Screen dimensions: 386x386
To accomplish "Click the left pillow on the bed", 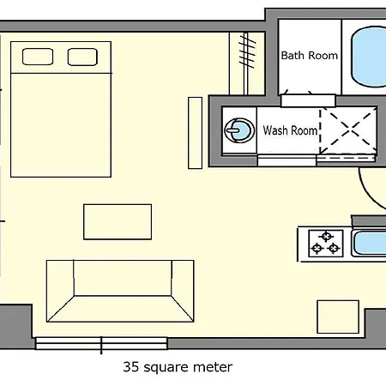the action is tap(38, 57).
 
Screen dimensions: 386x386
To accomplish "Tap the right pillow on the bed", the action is tap(82, 57).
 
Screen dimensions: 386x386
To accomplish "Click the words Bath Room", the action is tap(310, 56).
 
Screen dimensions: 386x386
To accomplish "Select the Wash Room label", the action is tap(290, 130).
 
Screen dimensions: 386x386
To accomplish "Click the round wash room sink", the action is tap(239, 130).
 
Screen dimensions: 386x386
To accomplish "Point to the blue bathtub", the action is tap(368, 57).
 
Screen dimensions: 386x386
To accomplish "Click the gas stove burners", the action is tap(326, 244).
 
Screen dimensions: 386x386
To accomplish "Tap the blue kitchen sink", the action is tap(369, 244).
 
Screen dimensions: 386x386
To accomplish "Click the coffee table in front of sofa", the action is tap(118, 222).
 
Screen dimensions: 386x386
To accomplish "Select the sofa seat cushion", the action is tap(123, 278).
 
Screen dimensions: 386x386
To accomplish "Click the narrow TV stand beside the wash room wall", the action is tap(196, 133).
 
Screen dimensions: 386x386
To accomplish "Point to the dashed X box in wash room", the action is tap(348, 131).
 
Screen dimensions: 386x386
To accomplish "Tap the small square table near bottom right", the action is tap(338, 317).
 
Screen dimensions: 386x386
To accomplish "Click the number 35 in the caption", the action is tap(131, 367).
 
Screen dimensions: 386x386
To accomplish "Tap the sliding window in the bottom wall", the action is tap(101, 343).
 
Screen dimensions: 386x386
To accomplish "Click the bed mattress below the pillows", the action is tap(61, 125).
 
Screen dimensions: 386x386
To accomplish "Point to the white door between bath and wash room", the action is tap(308, 100).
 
